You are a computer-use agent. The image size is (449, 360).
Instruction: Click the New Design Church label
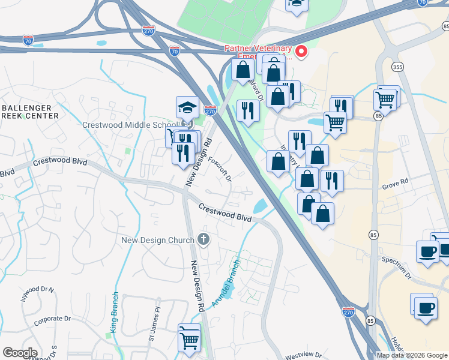coord(157,240)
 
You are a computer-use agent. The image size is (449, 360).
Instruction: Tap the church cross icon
coord(203,240)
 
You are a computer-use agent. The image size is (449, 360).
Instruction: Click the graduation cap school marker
coord(187,108)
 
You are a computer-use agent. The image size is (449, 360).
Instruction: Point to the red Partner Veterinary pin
coord(301,52)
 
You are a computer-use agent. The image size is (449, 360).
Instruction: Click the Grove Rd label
coord(394,181)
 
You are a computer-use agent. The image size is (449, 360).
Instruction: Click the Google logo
coord(20,353)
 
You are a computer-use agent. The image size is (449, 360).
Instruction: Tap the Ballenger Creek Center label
coord(30,111)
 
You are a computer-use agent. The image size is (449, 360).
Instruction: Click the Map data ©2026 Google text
coord(412,355)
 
